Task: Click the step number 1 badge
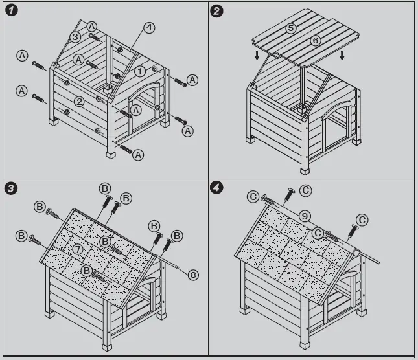tap(11, 11)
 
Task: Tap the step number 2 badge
tap(217, 11)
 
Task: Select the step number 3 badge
tap(11, 188)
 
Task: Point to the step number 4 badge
tap(217, 188)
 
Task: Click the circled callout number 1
tap(139, 71)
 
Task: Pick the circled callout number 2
tap(78, 102)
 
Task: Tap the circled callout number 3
tap(75, 38)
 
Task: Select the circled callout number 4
tap(149, 27)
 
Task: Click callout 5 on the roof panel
tap(291, 28)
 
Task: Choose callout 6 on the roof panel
tap(316, 40)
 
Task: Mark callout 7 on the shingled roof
tap(77, 249)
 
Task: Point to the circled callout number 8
tap(193, 275)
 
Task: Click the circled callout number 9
tap(305, 216)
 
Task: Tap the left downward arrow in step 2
tap(257, 56)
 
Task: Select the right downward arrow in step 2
tap(342, 56)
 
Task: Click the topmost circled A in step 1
tap(92, 27)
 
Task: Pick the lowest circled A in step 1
tap(138, 155)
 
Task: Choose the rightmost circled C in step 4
tap(362, 220)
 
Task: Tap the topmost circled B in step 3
tap(105, 188)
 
